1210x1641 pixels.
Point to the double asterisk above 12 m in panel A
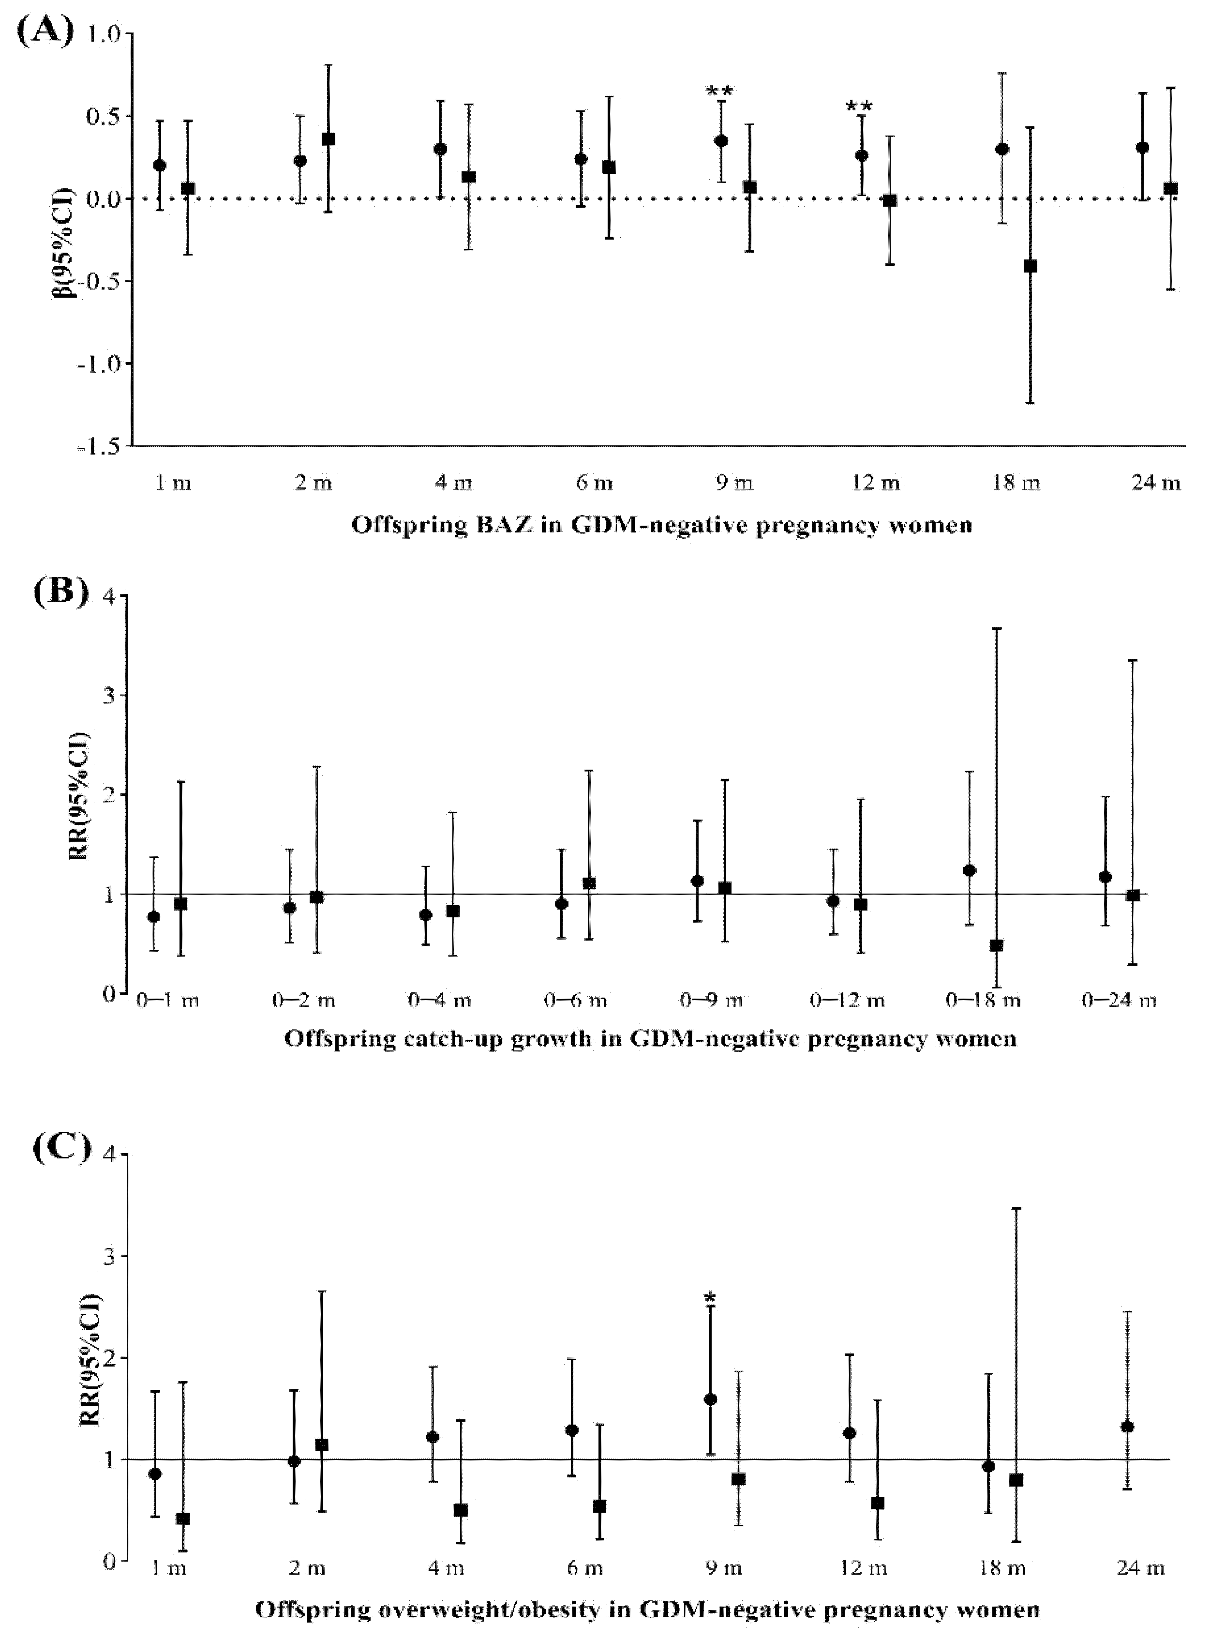[859, 106]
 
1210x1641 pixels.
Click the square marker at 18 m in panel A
[1030, 266]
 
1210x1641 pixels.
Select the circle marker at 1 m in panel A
[160, 165]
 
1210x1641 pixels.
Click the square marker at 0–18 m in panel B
[996, 945]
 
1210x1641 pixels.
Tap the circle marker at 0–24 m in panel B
[1105, 877]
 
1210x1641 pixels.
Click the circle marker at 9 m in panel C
[710, 1399]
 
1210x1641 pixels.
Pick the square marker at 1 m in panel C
[183, 1519]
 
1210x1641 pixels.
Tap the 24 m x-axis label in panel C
[1140, 1568]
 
